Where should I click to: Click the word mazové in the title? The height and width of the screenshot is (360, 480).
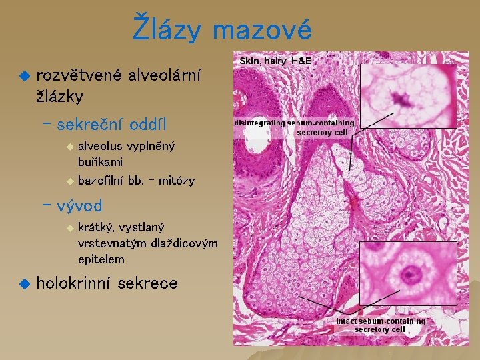[x=263, y=30]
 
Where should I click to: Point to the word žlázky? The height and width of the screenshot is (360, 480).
[x=60, y=96]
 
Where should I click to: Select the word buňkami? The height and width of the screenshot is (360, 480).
[x=100, y=161]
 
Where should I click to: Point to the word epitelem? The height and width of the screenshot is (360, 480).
[x=101, y=259]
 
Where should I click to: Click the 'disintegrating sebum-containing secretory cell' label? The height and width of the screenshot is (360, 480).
[x=294, y=127]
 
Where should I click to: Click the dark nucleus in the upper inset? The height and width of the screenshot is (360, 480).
[x=401, y=100]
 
